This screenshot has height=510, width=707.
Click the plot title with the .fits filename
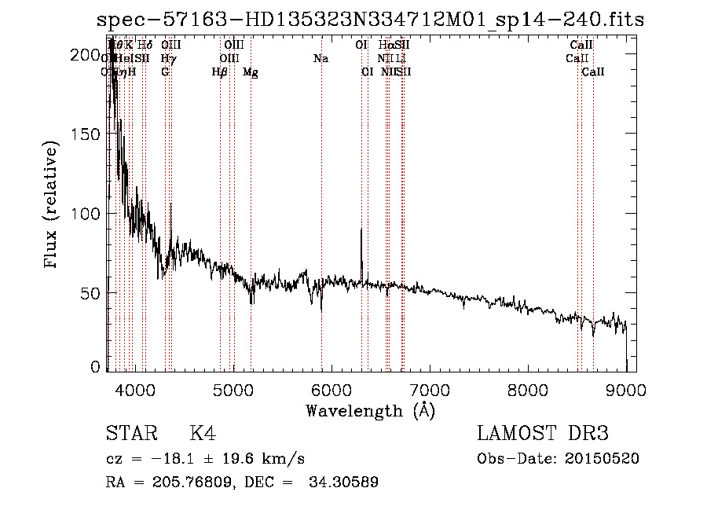(370, 20)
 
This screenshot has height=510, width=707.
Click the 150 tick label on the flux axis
(84, 134)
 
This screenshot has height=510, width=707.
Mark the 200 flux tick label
(84, 55)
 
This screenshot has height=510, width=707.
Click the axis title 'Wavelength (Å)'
(370, 410)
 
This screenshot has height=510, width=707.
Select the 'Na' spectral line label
(321, 59)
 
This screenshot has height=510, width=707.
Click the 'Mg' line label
(250, 72)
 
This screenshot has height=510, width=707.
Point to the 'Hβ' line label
(220, 72)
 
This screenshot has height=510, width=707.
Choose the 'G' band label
(165, 72)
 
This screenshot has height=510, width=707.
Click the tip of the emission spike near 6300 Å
(361, 229)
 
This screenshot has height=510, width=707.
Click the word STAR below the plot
(130, 435)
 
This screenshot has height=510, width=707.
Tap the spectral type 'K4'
(203, 435)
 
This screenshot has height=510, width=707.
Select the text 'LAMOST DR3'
(542, 435)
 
